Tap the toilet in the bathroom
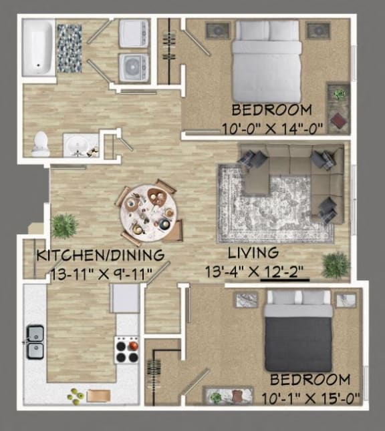41,144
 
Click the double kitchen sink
35,341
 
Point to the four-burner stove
127,349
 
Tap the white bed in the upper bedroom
267,60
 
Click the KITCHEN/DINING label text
100,255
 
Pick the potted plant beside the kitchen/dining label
64,226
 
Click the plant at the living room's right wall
335,265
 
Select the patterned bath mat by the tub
69,48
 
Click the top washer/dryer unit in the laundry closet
134,33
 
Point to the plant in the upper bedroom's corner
340,95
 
